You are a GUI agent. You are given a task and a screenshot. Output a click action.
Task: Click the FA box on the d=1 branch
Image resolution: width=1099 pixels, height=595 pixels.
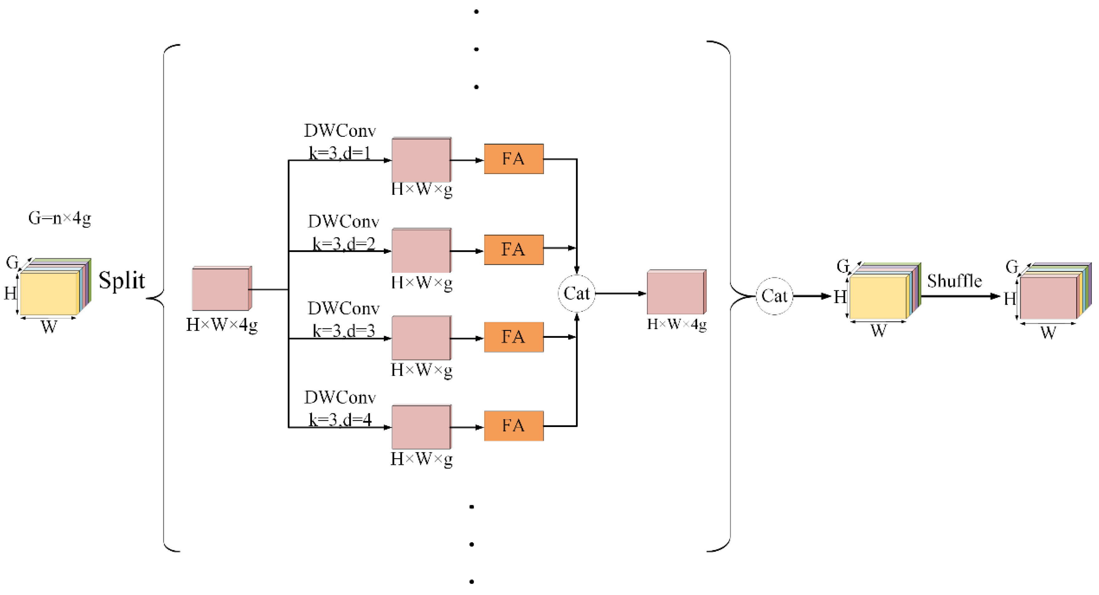tap(514, 159)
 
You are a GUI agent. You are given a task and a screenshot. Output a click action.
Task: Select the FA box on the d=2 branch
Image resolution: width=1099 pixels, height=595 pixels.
tap(514, 250)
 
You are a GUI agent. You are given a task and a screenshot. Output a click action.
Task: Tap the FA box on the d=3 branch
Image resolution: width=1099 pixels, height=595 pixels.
tap(514, 337)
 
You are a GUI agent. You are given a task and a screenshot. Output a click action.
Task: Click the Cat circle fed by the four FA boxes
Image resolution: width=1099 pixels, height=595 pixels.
tap(576, 293)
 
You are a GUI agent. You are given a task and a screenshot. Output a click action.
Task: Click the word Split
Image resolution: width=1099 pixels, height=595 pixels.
tap(122, 280)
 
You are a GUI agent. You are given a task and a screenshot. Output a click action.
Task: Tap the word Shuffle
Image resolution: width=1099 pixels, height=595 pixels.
tap(955, 281)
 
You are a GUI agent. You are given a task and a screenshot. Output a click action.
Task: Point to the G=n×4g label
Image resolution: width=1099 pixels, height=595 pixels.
tap(60, 218)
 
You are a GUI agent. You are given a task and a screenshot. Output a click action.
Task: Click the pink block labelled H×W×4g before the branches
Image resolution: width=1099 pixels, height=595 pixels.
tap(221, 289)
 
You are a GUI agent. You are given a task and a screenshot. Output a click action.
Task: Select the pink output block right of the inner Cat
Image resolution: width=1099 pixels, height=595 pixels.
tap(676, 293)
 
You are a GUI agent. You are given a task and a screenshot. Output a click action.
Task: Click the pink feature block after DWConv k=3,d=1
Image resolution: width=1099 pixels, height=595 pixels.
tap(421, 160)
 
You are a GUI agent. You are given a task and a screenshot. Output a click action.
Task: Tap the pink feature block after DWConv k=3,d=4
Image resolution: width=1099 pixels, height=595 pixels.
tap(421, 427)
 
